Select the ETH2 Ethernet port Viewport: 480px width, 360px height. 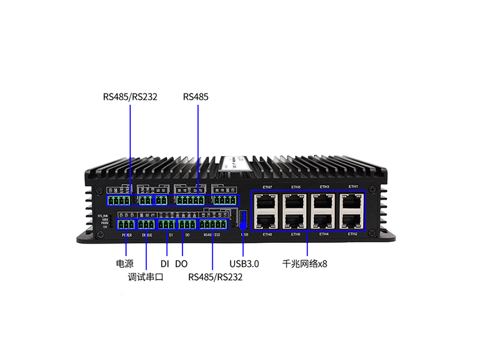pyautogui.click(x=352, y=221)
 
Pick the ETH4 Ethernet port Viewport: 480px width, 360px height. pyautogui.click(x=323, y=221)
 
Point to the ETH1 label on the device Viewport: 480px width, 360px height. pyautogui.click(x=353, y=187)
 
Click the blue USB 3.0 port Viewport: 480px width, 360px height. pyautogui.click(x=243, y=220)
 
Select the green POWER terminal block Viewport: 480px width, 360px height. pyautogui.click(x=127, y=224)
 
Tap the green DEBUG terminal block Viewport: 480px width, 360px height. pyautogui.click(x=146, y=224)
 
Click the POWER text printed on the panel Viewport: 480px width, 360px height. pyautogui.click(x=127, y=235)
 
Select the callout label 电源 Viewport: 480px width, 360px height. pyautogui.click(x=124, y=263)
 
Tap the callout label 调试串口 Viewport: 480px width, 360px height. pyautogui.click(x=146, y=277)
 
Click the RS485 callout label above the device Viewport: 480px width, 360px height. pyautogui.click(x=196, y=97)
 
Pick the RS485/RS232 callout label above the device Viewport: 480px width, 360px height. pyautogui.click(x=130, y=97)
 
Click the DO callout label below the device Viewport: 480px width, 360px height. pyautogui.click(x=182, y=263)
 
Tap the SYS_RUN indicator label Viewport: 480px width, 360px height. pyautogui.click(x=103, y=215)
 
